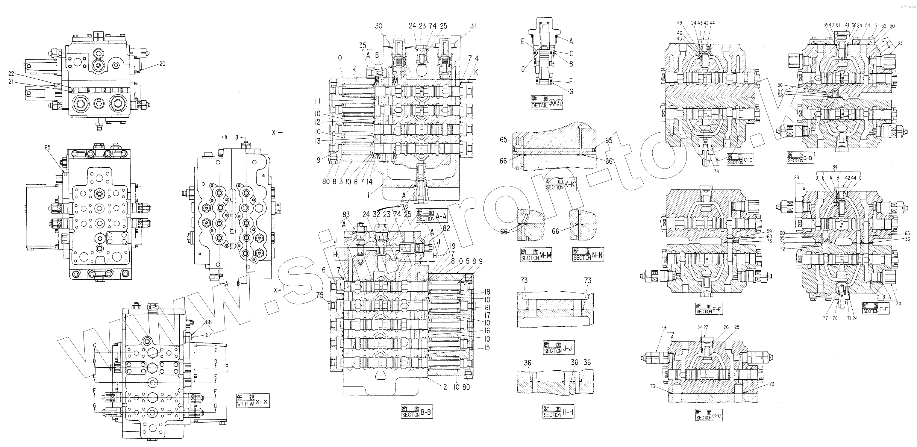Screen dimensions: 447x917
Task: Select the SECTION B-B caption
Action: (x=416, y=412)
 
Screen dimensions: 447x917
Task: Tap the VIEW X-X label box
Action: (x=253, y=400)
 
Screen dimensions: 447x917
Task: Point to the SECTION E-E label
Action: (x=709, y=309)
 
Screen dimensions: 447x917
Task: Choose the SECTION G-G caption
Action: (x=709, y=415)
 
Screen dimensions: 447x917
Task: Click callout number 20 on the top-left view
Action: (x=162, y=64)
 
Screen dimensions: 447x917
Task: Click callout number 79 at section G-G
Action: (x=663, y=328)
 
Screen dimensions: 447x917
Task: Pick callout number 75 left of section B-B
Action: (x=320, y=295)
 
